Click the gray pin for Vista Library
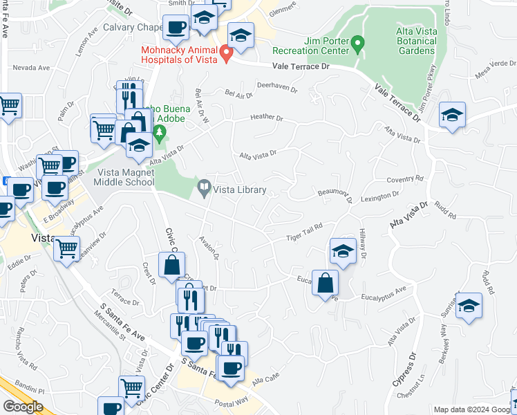pos(205,187)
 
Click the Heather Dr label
pos(267,118)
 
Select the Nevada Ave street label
pos(31,68)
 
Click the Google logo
pos(22,407)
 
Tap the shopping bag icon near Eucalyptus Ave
pos(325,282)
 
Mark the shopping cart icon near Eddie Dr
pos(66,248)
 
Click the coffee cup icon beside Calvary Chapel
pos(176,28)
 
